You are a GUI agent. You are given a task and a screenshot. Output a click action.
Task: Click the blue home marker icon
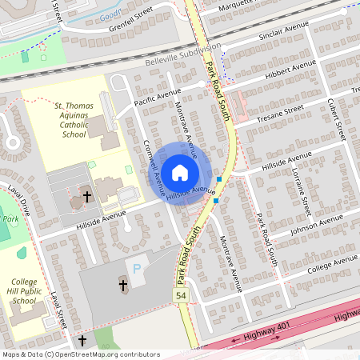180,172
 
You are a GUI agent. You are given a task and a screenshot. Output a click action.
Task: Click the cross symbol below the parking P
123,284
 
